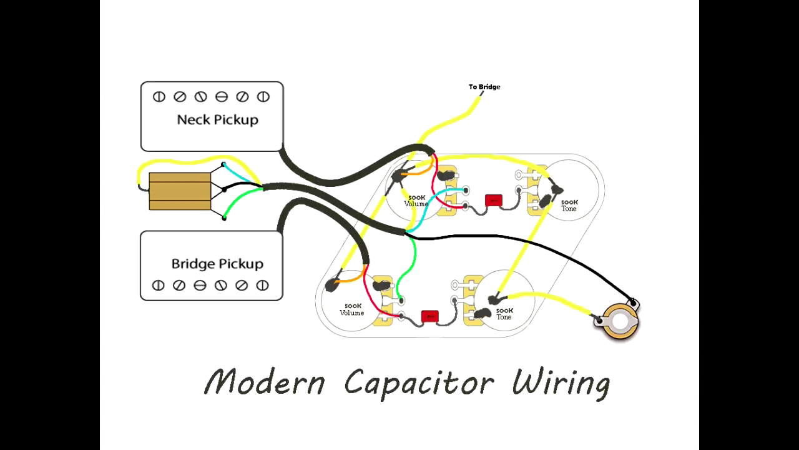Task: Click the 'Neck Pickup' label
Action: (x=217, y=119)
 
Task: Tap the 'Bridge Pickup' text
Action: (x=217, y=264)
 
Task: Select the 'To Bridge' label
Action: (x=484, y=87)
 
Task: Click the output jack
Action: (x=620, y=321)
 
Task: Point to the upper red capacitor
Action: (x=494, y=201)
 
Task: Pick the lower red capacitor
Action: (x=429, y=316)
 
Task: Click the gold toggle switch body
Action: (x=180, y=191)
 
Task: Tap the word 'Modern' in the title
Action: (x=265, y=381)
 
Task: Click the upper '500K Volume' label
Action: (x=416, y=201)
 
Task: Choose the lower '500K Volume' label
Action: (x=351, y=309)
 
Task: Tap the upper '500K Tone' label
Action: (x=569, y=206)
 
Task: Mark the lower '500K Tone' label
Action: (x=504, y=314)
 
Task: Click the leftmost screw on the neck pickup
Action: (x=159, y=97)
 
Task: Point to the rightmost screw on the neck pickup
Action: (x=263, y=97)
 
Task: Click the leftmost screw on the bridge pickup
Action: (x=159, y=286)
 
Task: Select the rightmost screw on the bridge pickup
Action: (x=263, y=286)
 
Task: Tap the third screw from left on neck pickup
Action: (x=200, y=97)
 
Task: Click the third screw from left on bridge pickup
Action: (x=200, y=286)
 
